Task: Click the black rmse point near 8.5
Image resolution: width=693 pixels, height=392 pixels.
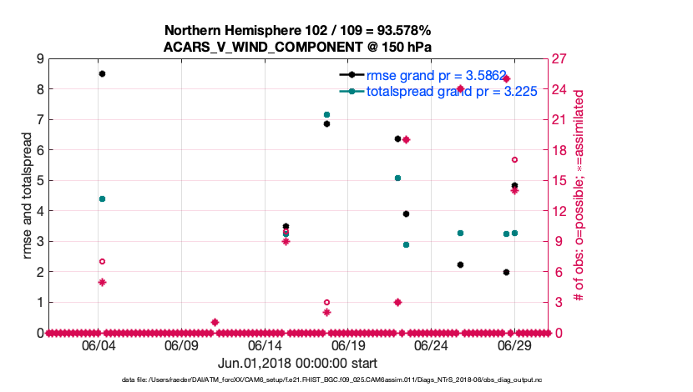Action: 102,73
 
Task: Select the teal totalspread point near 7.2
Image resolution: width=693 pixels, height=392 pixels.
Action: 326,114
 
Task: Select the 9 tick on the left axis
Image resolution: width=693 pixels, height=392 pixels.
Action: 39,58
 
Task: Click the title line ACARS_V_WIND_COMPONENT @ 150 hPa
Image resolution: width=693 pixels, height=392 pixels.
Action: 298,47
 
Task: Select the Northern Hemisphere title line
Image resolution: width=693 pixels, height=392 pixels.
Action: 298,31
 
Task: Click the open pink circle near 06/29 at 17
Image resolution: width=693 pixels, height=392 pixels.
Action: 514,159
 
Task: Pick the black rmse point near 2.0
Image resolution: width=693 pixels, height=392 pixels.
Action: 506,272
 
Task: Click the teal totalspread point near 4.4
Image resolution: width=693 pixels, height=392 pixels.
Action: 102,199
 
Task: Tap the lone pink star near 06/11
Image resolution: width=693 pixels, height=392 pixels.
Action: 215,322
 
